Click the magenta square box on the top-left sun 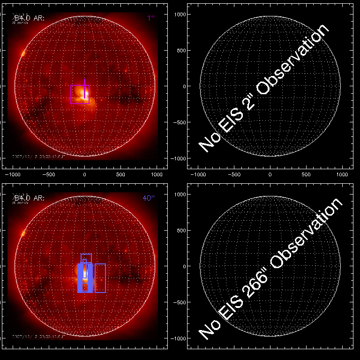pyautogui.click(x=80, y=94)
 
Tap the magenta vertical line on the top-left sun pyautogui.click(x=84, y=89)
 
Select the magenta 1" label pyautogui.click(x=150, y=18)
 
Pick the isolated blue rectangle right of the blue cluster pyautogui.click(x=100, y=278)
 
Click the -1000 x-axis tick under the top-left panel pyautogui.click(x=13, y=174)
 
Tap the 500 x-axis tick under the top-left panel pyautogui.click(x=120, y=174)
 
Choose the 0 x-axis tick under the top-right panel pyautogui.click(x=270, y=174)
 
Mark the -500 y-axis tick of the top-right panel pyautogui.click(x=179, y=122)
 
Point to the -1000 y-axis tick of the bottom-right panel pyautogui.click(x=178, y=338)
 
